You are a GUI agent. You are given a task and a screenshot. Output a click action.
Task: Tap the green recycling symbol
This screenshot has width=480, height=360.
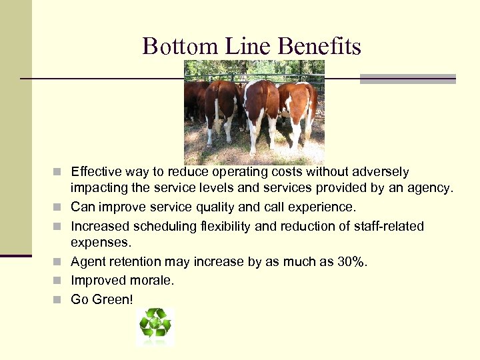click(155, 325)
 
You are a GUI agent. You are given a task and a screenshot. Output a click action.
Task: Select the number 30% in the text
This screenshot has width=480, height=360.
click(351, 262)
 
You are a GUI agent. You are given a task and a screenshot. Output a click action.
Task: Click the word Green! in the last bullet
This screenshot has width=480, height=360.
click(113, 299)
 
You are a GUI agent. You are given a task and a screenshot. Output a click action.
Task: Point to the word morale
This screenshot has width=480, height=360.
click(153, 281)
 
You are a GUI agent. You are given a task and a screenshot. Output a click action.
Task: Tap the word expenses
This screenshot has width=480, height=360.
click(101, 242)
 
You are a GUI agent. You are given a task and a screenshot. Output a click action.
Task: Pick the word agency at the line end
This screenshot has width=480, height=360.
click(431, 189)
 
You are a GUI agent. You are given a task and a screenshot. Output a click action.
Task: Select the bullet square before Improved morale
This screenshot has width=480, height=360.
click(61, 281)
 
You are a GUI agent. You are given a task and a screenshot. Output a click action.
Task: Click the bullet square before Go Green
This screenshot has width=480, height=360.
click(61, 300)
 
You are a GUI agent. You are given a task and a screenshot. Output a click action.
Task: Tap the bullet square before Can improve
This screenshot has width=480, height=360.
click(61, 207)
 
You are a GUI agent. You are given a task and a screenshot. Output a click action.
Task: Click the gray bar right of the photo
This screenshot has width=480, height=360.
click(407, 79)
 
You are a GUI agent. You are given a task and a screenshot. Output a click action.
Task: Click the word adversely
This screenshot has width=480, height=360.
click(382, 172)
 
